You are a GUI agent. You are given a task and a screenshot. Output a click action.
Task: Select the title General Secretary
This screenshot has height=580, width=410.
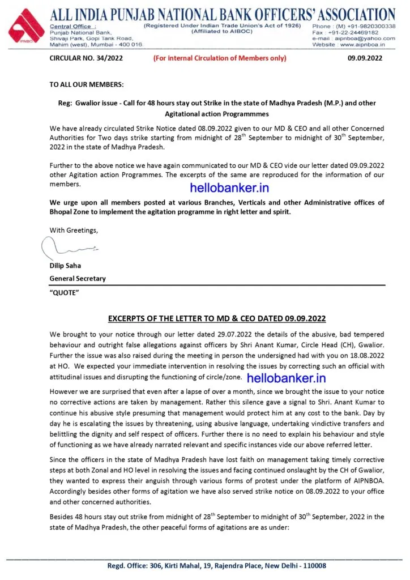click(x=78, y=278)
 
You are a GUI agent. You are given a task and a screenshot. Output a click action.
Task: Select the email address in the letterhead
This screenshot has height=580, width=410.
click(x=370, y=38)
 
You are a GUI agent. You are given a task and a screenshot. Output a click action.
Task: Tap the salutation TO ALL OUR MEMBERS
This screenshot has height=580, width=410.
click(x=87, y=84)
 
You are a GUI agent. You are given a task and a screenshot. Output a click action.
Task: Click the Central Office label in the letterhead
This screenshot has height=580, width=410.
click(x=73, y=27)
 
